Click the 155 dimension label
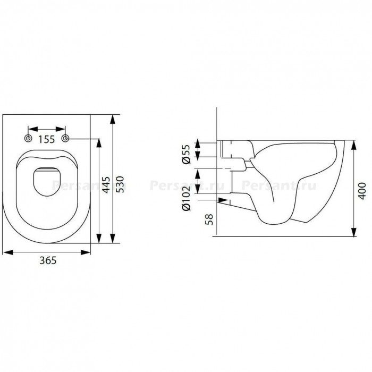coord(47,139)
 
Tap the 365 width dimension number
coord(48,260)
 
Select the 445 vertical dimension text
coord(106,185)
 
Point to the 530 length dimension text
coord(120,184)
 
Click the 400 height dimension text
coord(362,191)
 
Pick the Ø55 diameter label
coord(186,154)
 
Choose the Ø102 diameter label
coord(186,199)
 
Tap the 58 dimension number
coord(209,219)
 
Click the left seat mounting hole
coord(29,138)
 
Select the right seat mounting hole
coord(65,138)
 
